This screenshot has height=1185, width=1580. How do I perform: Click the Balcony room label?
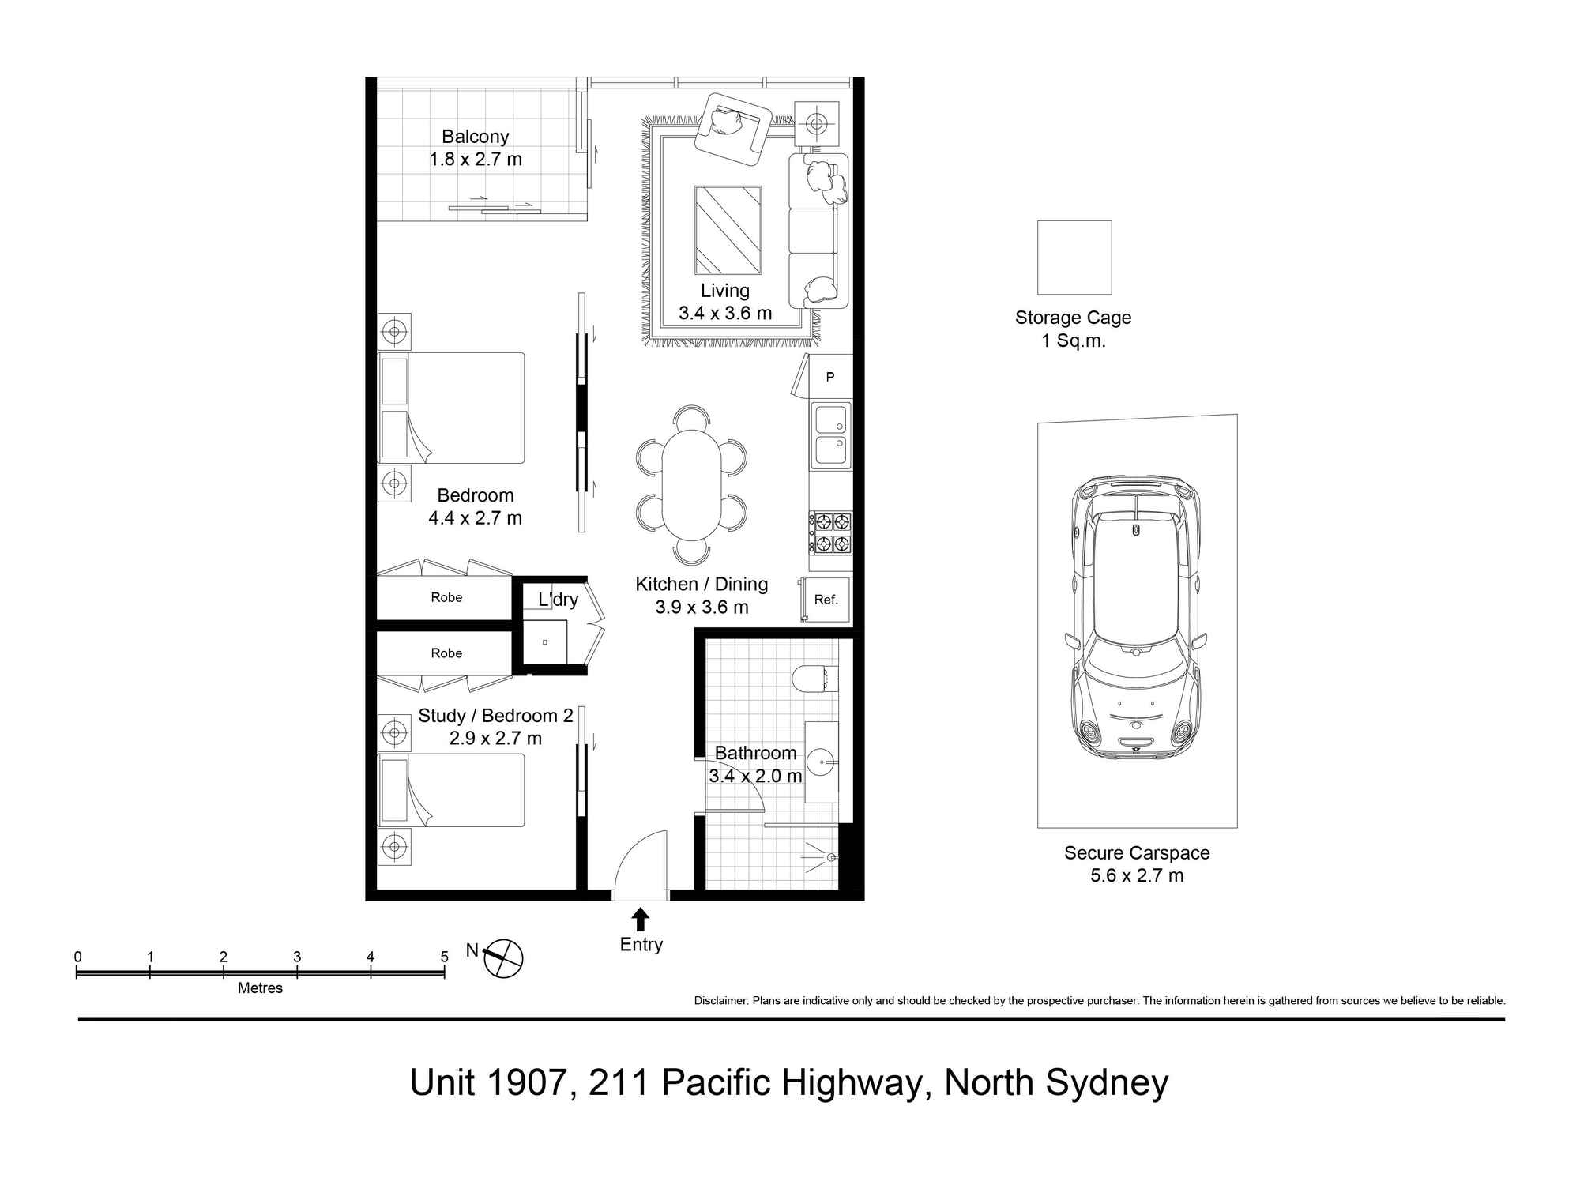click(x=475, y=137)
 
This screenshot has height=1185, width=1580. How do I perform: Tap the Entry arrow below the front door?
click(x=641, y=919)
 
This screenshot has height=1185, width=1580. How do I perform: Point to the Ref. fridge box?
click(x=826, y=600)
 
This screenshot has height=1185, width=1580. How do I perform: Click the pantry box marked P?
click(x=830, y=377)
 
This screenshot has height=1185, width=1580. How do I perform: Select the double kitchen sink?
click(x=831, y=435)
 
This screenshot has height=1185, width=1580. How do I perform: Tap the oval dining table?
click(x=691, y=485)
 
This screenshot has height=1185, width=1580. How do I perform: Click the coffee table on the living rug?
click(x=728, y=229)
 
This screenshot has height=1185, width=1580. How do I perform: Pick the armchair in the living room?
click(x=732, y=128)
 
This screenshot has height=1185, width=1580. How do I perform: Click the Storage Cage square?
click(x=1074, y=258)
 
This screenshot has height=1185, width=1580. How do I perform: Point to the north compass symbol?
click(x=503, y=958)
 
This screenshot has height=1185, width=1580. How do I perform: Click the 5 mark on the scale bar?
click(x=444, y=957)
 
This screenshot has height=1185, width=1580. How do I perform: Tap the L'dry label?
click(x=558, y=600)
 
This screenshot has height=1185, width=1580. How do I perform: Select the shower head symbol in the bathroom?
click(x=830, y=857)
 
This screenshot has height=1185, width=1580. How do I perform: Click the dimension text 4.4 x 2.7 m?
click(x=475, y=518)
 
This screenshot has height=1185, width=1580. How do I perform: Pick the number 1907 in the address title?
click(x=523, y=1082)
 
